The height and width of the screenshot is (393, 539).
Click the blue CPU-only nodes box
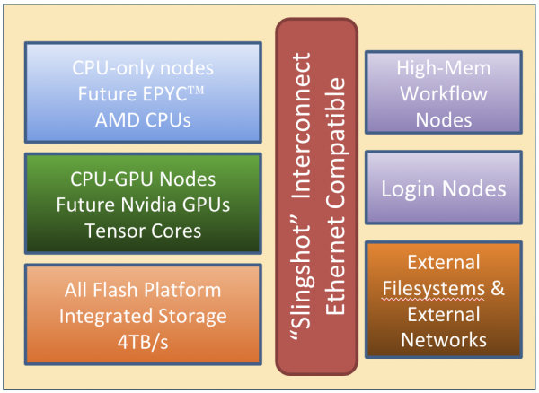coord(143,93)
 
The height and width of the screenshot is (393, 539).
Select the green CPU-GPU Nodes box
coord(143,205)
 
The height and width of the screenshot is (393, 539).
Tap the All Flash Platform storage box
coord(143,316)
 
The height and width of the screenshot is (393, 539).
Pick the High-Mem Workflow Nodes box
coord(444,93)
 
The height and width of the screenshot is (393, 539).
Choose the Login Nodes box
coord(444,189)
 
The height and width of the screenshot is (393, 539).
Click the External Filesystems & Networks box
coord(444,301)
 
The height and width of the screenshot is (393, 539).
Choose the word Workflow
coord(444,93)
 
